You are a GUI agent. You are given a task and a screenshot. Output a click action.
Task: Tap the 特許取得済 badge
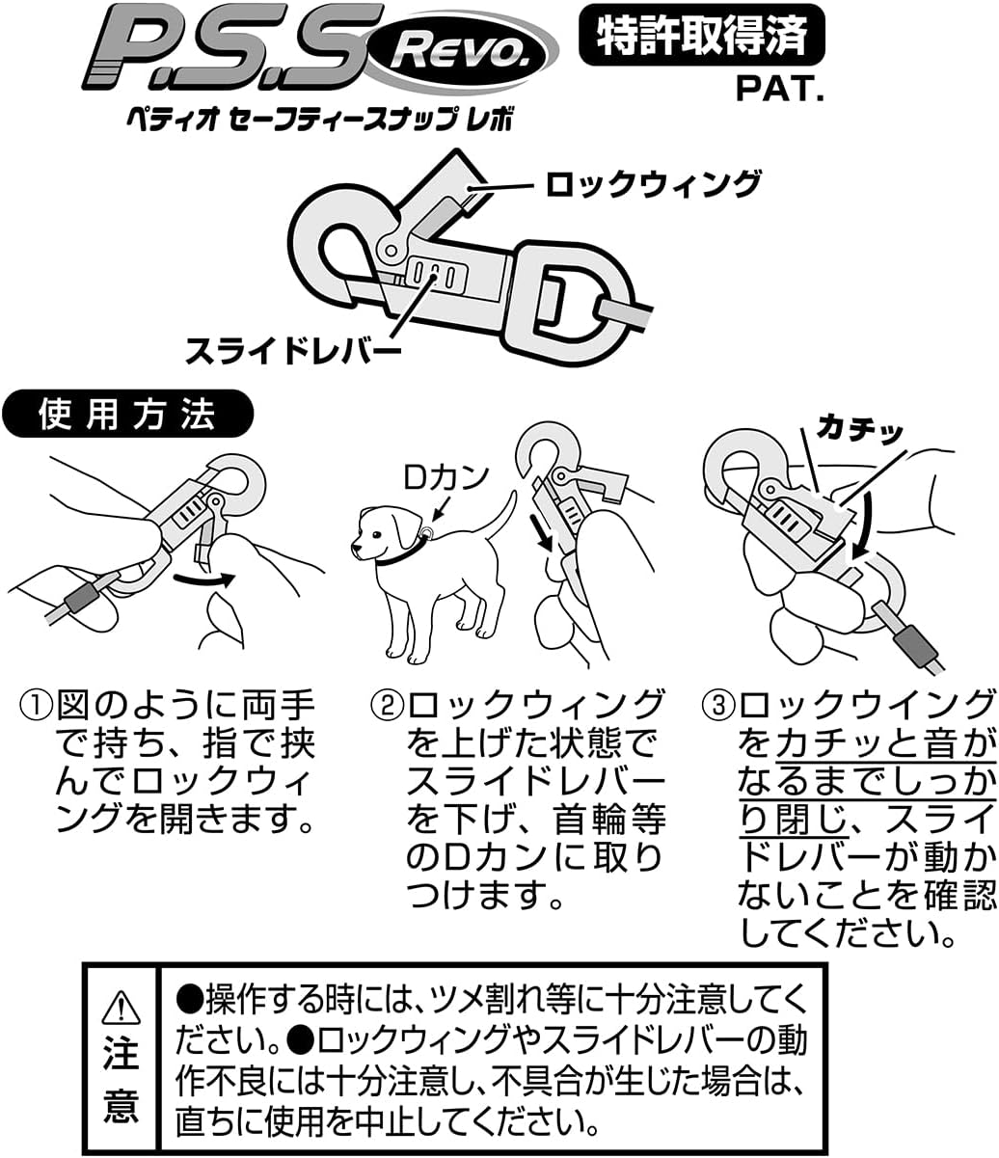pos(702,36)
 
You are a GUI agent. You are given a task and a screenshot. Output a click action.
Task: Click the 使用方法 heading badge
pos(127,415)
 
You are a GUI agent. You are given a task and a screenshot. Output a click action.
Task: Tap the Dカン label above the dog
pos(445,476)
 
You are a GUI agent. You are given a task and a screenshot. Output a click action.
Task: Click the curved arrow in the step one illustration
pos(204,579)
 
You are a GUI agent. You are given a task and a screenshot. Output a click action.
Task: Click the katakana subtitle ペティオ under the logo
pos(160,120)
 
